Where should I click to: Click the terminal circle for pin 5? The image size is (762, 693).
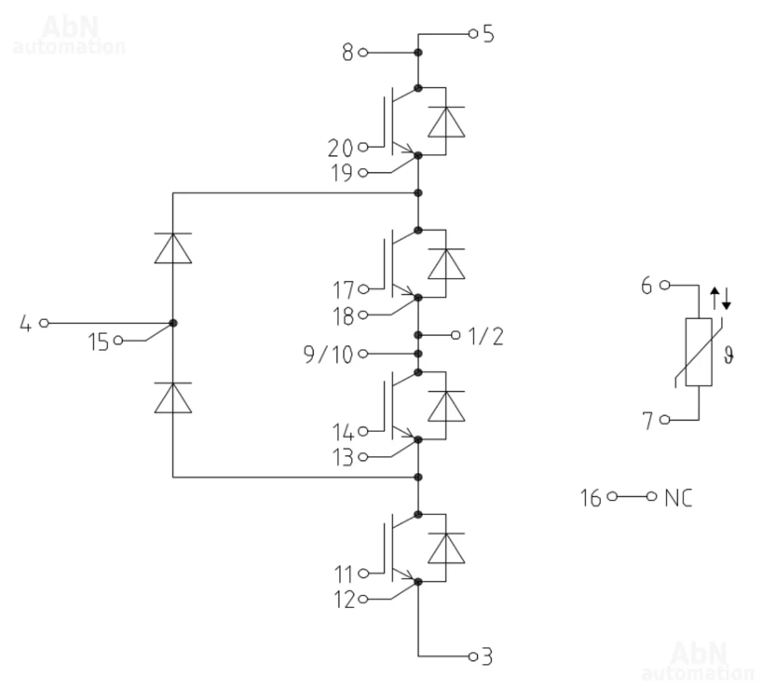(473, 32)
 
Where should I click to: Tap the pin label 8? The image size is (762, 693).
(348, 53)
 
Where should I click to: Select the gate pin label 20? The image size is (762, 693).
(340, 148)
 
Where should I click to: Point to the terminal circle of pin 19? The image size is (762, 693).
(364, 172)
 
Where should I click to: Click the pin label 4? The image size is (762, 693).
(25, 324)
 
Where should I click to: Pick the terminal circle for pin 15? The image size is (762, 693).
(119, 341)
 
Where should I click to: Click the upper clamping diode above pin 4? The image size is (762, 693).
(172, 248)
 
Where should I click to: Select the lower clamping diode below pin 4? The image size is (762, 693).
(172, 398)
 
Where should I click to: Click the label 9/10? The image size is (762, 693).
(328, 355)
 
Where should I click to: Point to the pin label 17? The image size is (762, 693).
(344, 290)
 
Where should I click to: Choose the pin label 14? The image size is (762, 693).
(344, 432)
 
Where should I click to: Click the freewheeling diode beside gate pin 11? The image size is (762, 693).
(446, 548)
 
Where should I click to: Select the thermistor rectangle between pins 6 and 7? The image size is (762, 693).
(698, 352)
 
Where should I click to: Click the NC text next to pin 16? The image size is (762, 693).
(678, 497)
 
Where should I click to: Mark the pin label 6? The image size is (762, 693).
(646, 286)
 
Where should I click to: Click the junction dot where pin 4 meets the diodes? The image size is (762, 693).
(173, 323)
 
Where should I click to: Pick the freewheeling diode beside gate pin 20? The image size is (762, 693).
(446, 121)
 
